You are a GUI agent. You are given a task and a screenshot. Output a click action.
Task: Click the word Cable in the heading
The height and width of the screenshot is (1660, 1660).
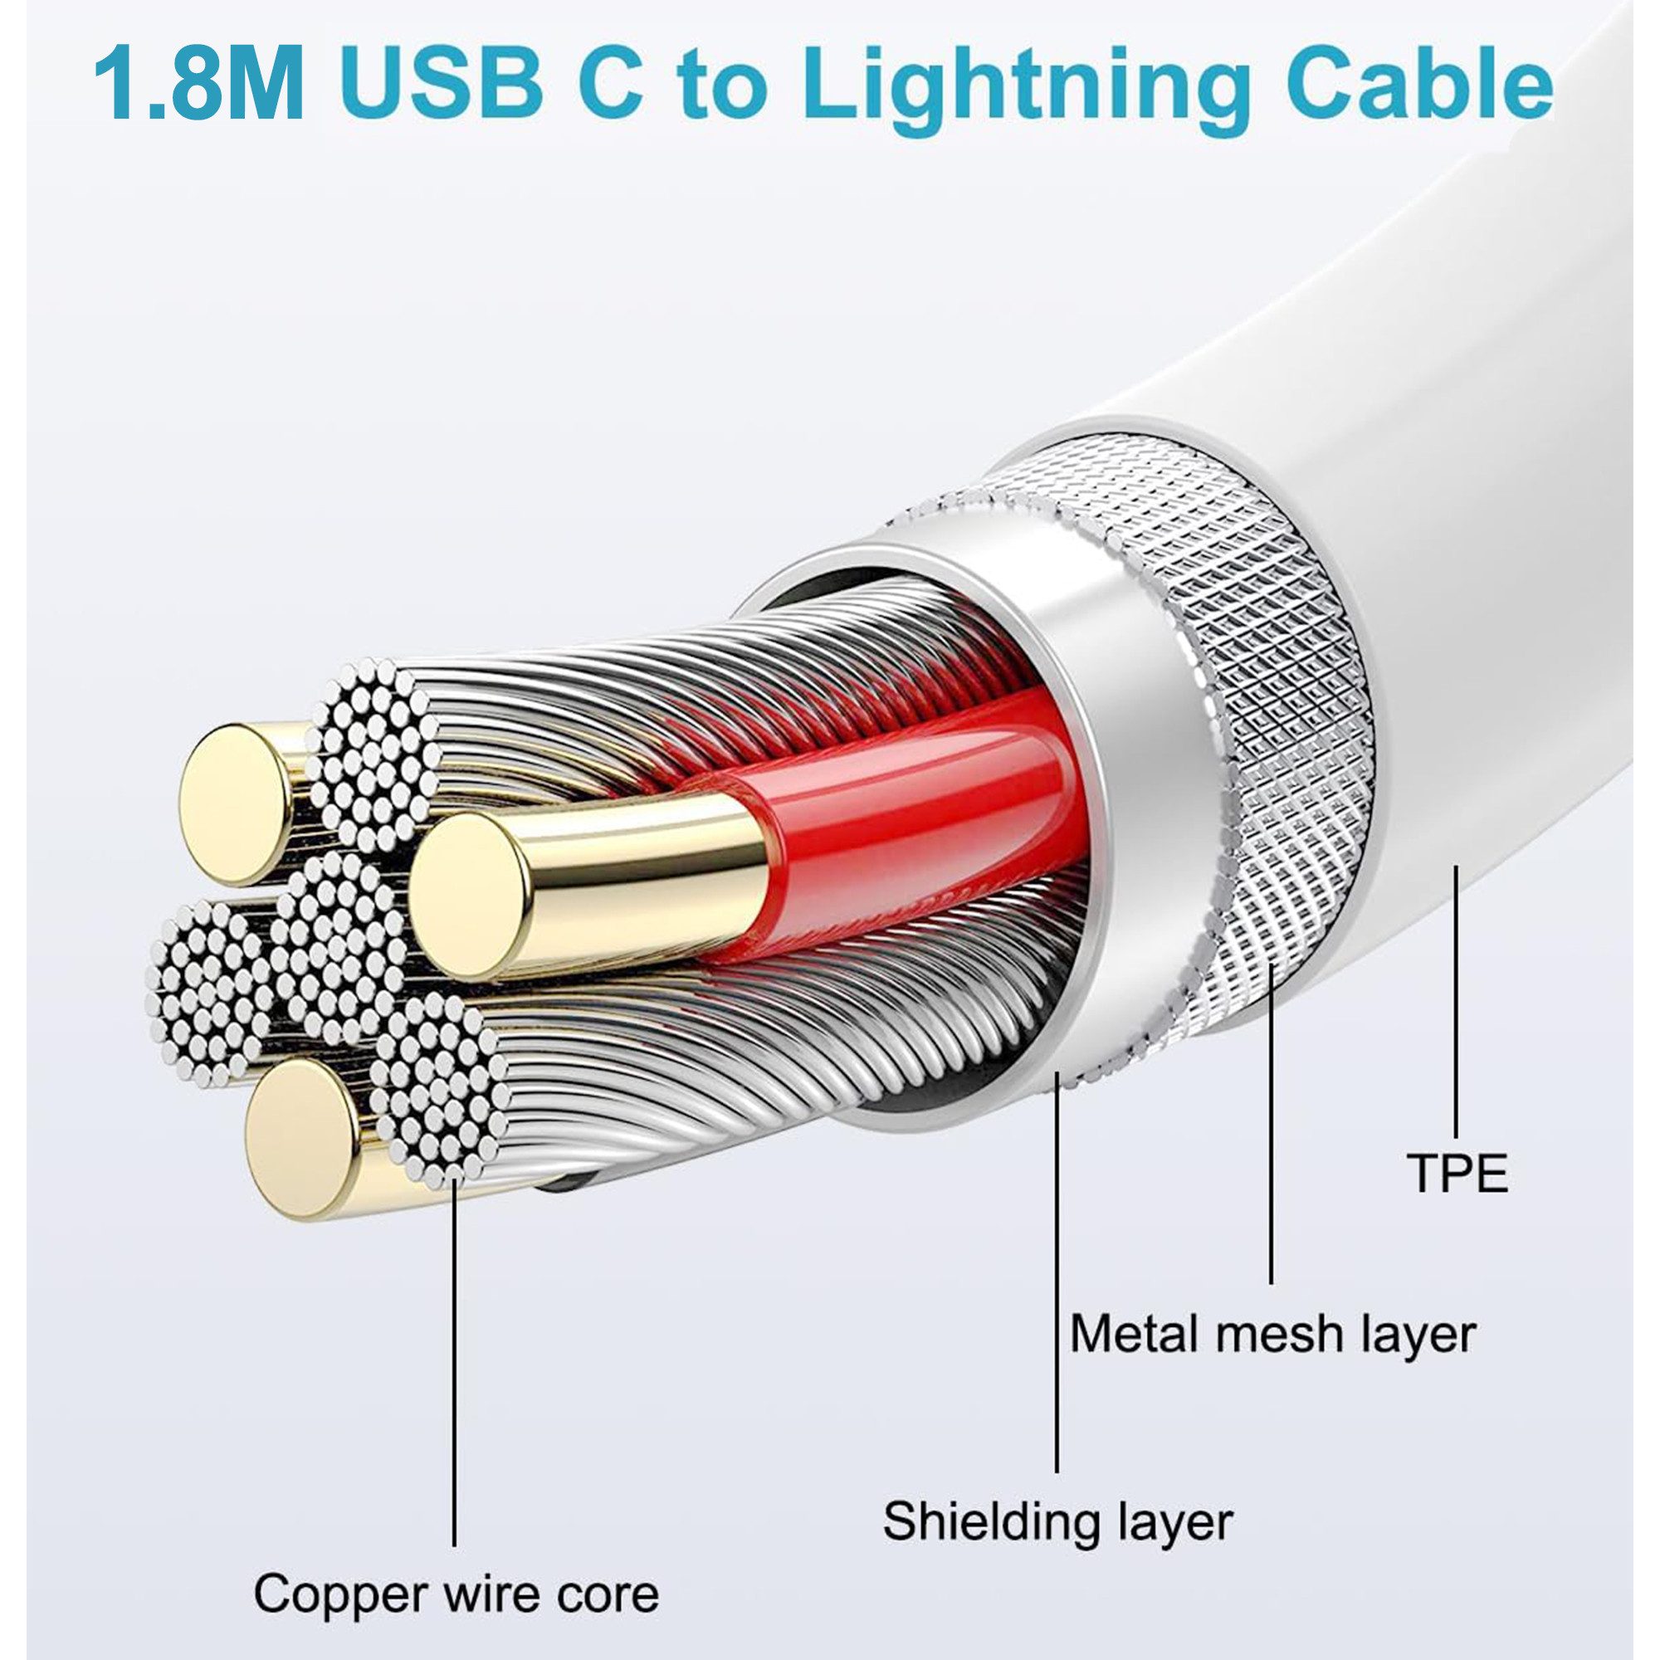pos(1418,86)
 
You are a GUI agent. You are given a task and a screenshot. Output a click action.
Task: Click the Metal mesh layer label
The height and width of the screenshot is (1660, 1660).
pos(1272,1335)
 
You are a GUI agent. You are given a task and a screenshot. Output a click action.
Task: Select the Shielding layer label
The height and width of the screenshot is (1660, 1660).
pos(1057,1520)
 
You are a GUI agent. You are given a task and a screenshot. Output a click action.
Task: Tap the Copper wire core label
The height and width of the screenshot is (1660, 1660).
pos(456,1594)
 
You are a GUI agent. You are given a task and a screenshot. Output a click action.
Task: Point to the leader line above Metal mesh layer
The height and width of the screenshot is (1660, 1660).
pos(1272,1117)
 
